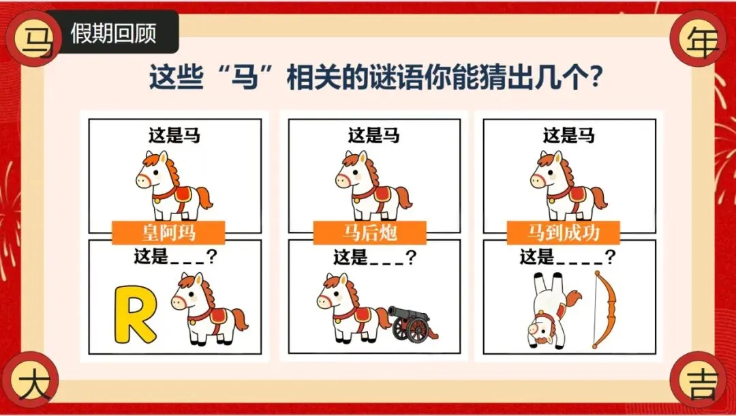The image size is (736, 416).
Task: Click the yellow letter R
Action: (x=134, y=314)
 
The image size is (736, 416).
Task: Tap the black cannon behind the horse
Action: (x=412, y=323)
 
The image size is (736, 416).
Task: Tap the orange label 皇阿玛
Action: (x=168, y=233)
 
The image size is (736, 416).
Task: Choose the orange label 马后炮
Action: (x=370, y=233)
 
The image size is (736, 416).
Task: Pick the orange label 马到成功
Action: (x=564, y=233)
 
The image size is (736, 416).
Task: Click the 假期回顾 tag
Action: (x=112, y=32)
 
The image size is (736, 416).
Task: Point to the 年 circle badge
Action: (x=699, y=38)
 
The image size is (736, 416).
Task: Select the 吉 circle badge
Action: (x=699, y=379)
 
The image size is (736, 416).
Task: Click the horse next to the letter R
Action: (x=210, y=309)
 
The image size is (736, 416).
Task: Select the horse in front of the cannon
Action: (x=353, y=308)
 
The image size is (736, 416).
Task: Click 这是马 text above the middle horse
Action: (x=373, y=136)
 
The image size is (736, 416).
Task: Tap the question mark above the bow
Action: (x=610, y=257)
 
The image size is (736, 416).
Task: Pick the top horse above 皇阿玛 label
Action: (x=174, y=185)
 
